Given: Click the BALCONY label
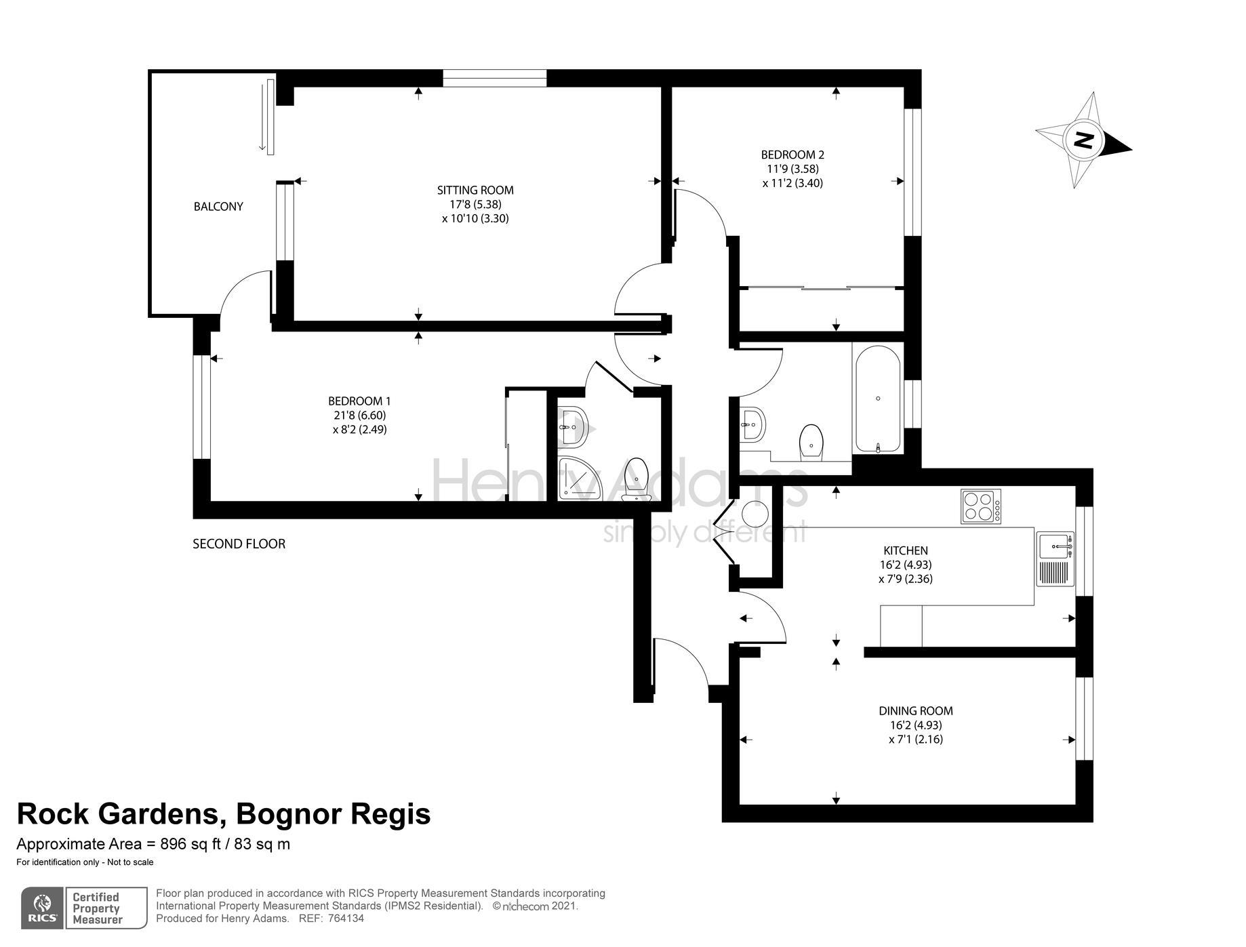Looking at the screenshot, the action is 218,207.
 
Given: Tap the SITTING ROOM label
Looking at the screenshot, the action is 475,190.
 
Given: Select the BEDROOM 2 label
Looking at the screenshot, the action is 792,155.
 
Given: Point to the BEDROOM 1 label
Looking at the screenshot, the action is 359,401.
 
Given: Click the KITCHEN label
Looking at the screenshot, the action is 906,550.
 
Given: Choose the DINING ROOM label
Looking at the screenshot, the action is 916,711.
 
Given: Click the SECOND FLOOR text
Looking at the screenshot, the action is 239,544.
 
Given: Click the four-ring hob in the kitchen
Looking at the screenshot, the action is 981,506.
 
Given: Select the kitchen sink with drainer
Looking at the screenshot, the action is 1056,559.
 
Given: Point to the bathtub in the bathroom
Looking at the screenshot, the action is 878,399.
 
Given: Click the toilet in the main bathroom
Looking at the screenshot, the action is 811,441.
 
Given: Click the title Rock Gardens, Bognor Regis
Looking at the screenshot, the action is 224,813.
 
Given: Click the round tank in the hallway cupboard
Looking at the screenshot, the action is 755,513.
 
